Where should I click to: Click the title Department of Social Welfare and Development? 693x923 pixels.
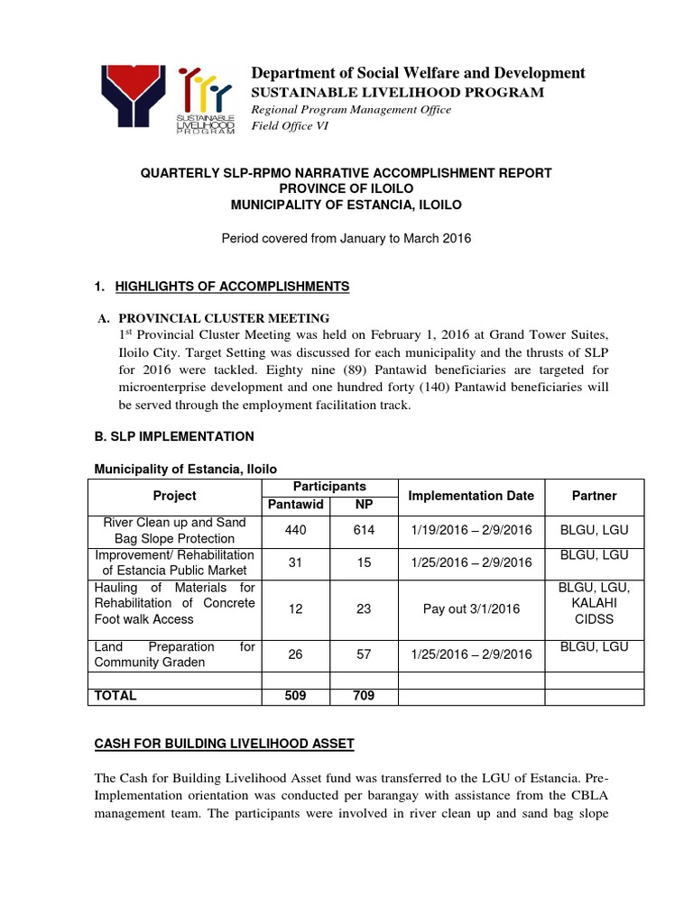point(418,73)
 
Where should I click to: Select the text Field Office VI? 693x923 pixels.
point(290,125)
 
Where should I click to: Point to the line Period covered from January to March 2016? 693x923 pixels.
point(346,238)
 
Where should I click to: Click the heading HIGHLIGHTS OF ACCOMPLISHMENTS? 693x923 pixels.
point(226,286)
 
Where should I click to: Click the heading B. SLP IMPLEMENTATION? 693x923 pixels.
point(174,436)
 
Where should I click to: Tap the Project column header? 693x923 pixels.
point(174,496)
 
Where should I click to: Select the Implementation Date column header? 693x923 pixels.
point(471,496)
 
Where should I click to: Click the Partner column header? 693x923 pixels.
point(594,496)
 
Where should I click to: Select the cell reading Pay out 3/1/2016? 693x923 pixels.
point(471,609)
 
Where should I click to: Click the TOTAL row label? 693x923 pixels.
point(115,696)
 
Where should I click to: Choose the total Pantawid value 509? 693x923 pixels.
point(295,696)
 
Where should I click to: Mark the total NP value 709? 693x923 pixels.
point(364,696)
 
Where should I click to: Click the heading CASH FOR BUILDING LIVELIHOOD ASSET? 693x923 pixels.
point(225,744)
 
